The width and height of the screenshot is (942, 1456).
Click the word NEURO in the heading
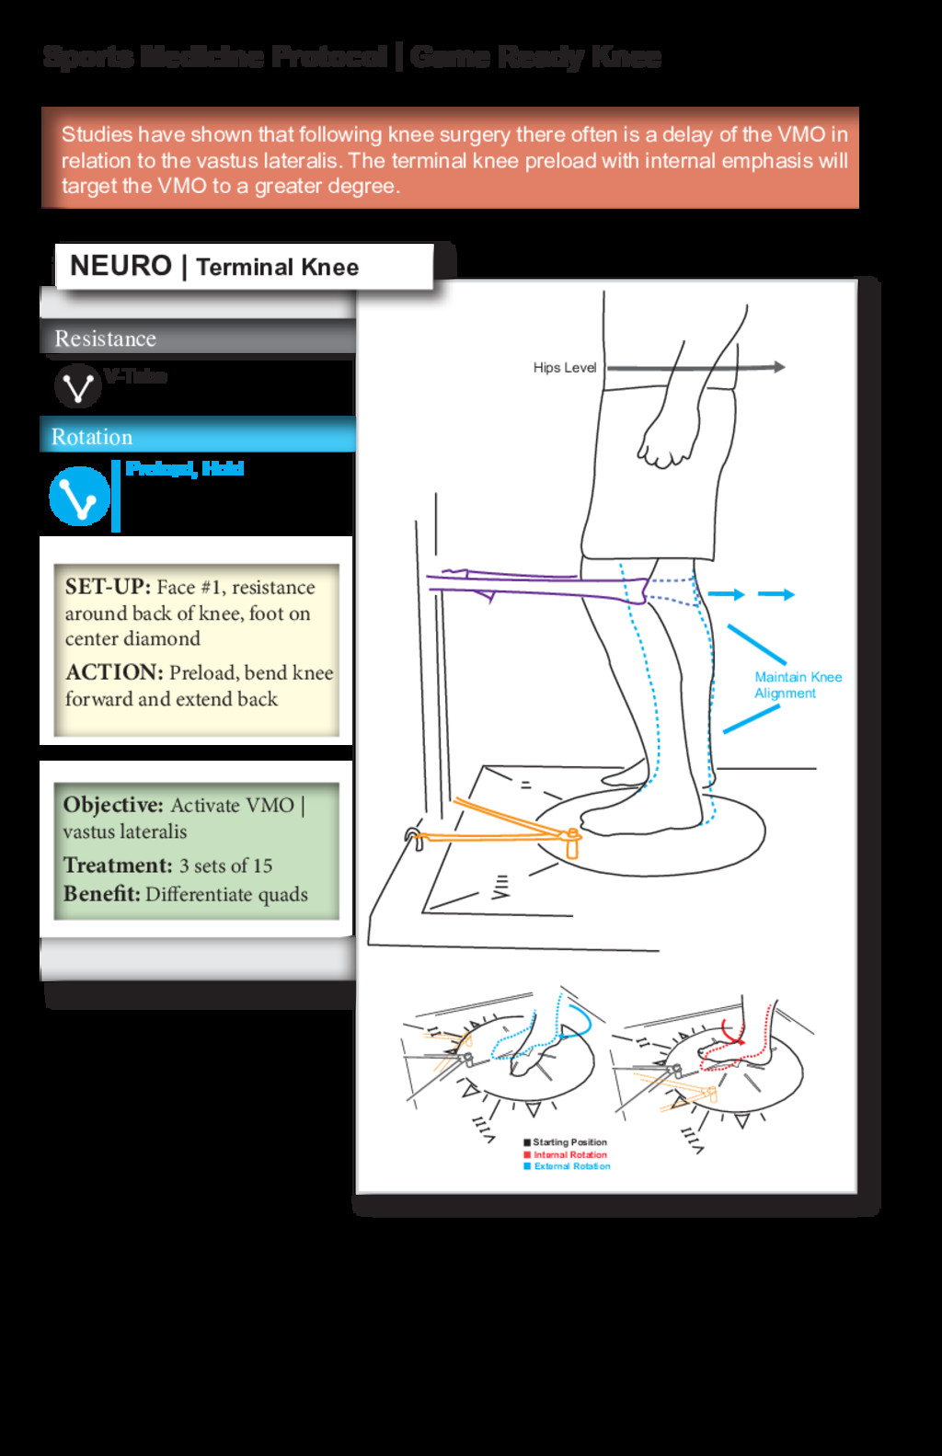(x=121, y=266)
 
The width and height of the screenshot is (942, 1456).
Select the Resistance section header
(x=105, y=338)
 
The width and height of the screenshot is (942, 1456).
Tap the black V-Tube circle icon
(x=77, y=386)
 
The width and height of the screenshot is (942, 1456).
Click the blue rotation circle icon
(x=79, y=497)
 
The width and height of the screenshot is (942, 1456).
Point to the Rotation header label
(x=92, y=437)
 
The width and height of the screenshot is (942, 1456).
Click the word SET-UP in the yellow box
(x=107, y=587)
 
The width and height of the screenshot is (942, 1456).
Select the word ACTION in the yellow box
(x=114, y=672)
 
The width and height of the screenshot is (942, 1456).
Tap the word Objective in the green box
(x=112, y=805)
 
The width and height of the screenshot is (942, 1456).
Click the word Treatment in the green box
(x=118, y=866)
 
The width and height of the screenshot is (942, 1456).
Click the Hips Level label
(x=565, y=368)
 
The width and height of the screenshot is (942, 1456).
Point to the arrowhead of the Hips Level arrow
(x=779, y=367)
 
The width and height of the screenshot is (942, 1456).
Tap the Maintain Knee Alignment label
(x=797, y=684)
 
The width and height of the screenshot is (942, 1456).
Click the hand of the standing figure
(x=664, y=445)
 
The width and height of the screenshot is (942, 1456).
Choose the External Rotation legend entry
(x=571, y=1166)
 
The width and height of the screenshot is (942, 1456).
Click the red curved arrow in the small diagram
(x=732, y=1033)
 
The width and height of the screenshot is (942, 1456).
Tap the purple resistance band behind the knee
(x=534, y=584)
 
